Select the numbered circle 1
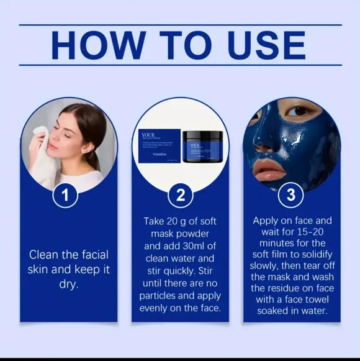pos(66,196)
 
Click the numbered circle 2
pos(180,196)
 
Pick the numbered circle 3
pos(290,196)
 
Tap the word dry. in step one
pos(68,285)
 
